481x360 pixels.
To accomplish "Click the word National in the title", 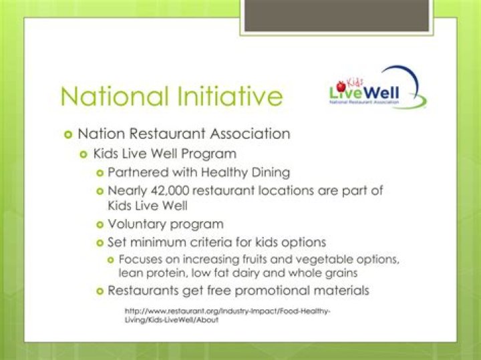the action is point(115,96).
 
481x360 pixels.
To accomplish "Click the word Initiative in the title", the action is point(230,96).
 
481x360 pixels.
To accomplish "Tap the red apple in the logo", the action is point(341,86).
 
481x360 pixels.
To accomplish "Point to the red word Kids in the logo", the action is point(355,83).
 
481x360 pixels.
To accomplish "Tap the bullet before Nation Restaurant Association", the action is point(68,134).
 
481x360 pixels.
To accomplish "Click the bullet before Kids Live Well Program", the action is point(84,154).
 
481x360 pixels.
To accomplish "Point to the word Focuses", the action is point(140,259).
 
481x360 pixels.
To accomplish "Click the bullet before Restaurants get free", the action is point(100,291).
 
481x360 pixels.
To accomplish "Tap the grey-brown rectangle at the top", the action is point(336,15).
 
